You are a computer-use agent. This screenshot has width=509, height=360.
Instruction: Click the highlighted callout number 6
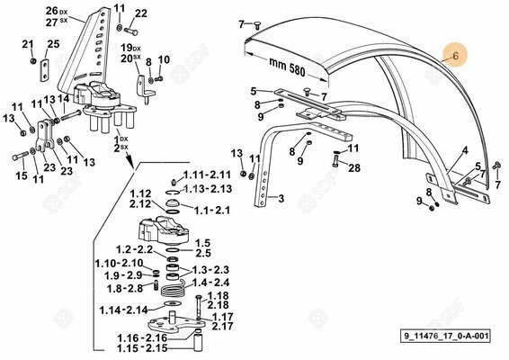[x=455, y=56]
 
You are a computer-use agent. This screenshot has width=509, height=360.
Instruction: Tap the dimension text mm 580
[x=287, y=67]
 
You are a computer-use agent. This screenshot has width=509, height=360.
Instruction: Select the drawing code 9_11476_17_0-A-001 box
[x=446, y=336]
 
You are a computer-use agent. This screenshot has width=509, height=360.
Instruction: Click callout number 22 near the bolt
[x=141, y=13]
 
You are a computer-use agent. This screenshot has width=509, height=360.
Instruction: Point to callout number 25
[x=54, y=44]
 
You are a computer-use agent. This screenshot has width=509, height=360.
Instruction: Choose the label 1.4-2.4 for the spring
[x=210, y=283]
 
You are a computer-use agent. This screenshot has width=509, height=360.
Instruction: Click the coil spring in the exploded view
[x=173, y=289]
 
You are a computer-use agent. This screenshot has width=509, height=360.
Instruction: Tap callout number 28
[x=354, y=167]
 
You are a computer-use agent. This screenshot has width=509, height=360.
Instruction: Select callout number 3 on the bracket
[x=281, y=198]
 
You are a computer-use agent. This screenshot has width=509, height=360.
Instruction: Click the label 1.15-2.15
[x=142, y=348]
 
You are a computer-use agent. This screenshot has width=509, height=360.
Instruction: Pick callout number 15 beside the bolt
[x=22, y=175]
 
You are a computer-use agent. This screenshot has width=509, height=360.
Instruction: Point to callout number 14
[x=64, y=99]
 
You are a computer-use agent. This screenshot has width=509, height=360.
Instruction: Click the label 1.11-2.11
[x=207, y=175]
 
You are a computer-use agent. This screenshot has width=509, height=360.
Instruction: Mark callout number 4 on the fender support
[x=465, y=150]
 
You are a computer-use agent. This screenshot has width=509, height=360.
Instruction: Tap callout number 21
[x=28, y=44]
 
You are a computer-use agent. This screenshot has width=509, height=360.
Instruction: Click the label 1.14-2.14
[x=123, y=310]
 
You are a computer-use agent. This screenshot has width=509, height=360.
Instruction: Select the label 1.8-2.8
[x=125, y=288]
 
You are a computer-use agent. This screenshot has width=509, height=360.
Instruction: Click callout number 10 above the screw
[x=164, y=59]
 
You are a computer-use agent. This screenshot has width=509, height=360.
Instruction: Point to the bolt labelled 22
[x=130, y=31]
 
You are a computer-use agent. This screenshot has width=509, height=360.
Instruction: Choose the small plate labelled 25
[x=44, y=70]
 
